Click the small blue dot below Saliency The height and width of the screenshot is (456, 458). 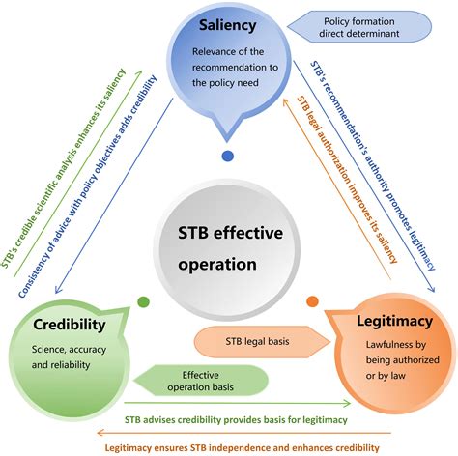pyautogui.click(x=228, y=155)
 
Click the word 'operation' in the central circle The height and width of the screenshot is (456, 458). pyautogui.click(x=228, y=263)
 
